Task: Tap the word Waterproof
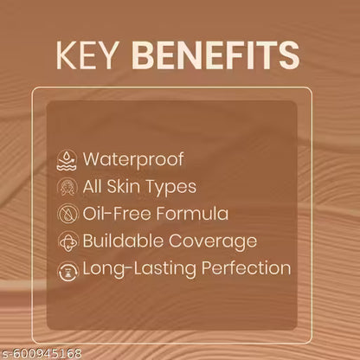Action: point(128,159)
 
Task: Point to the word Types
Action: point(173,187)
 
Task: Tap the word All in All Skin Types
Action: point(93,187)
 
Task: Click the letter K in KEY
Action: point(66,54)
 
